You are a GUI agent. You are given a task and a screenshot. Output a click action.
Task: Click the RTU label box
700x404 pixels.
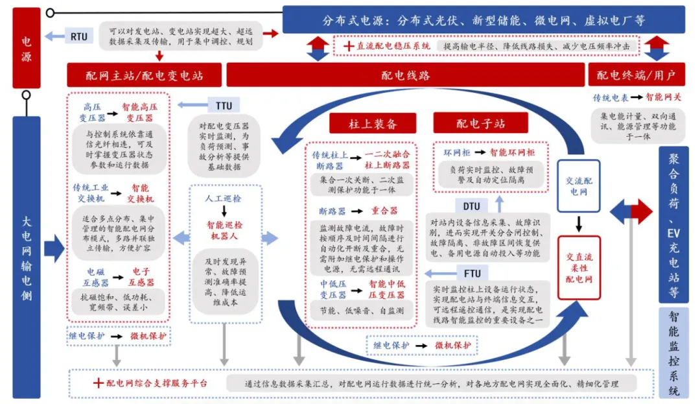point(78,36)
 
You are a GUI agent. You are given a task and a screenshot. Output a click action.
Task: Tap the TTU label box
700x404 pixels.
point(223,105)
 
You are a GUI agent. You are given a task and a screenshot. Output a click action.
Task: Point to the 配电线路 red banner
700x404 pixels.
point(404,75)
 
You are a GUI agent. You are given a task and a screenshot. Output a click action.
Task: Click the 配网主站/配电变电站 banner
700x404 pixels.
point(144,75)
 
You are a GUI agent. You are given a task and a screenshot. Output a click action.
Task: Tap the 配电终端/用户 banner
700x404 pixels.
point(636,75)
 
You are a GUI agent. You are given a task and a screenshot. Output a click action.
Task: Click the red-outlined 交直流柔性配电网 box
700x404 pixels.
point(579,267)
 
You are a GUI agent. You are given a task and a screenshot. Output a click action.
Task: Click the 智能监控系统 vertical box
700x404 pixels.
point(673,354)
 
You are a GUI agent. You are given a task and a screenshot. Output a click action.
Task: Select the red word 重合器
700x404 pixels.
point(384,211)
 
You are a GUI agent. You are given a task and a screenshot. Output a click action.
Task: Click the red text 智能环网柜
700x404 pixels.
point(512,153)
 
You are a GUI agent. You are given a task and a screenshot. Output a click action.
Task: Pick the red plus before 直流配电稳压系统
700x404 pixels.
point(348,46)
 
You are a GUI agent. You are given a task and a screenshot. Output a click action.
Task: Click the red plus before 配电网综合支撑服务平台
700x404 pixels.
point(98,383)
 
